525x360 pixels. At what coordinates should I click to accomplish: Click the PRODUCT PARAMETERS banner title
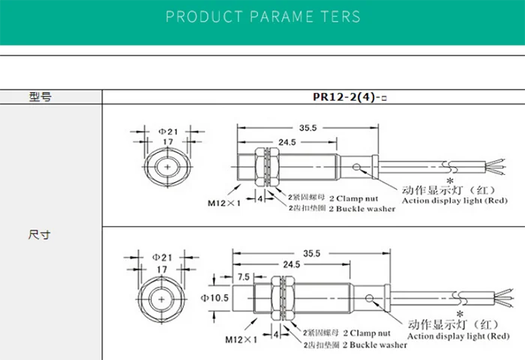[262, 16]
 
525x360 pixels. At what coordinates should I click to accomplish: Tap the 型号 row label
[40, 97]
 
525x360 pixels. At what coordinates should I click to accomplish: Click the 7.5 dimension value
[244, 277]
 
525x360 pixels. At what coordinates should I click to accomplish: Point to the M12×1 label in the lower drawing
[241, 339]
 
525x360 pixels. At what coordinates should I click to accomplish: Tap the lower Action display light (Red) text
[456, 337]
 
